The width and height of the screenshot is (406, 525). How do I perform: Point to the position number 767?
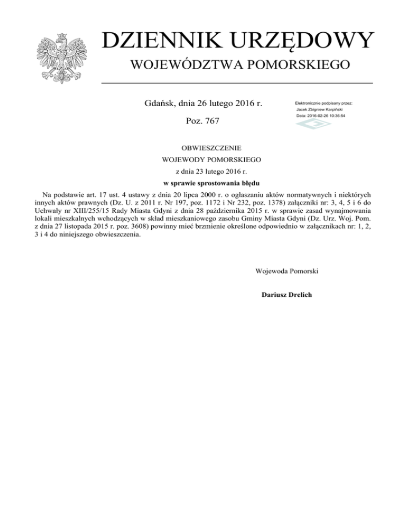coord(210,122)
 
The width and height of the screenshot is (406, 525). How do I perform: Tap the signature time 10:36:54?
coord(334,115)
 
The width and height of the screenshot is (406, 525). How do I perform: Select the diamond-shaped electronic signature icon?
coord(309,125)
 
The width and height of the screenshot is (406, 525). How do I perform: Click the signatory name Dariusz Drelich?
coord(288,294)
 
